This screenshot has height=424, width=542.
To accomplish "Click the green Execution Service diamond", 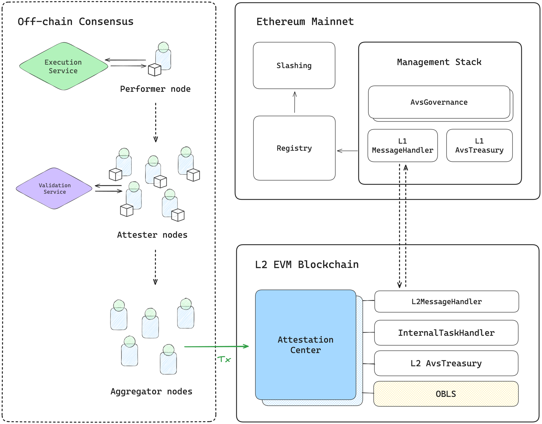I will [x=64, y=66].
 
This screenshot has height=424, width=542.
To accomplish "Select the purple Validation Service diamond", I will [x=54, y=189].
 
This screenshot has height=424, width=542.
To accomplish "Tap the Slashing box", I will [x=294, y=66].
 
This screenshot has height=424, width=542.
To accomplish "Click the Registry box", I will [x=294, y=148].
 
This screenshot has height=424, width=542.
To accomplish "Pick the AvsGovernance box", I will [x=439, y=102].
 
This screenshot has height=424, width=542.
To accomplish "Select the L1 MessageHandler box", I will [x=402, y=146].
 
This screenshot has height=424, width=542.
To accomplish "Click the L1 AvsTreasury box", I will [x=479, y=146].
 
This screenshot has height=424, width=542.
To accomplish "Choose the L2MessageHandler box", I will [x=446, y=302].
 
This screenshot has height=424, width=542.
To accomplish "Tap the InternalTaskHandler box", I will [x=446, y=333].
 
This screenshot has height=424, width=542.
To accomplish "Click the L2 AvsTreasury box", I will [x=446, y=364].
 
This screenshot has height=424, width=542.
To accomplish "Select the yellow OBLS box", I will [x=446, y=394].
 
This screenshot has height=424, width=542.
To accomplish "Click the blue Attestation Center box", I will [x=306, y=345].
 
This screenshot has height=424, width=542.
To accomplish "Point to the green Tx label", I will [x=224, y=360].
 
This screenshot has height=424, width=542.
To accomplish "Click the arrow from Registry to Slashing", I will [x=295, y=102].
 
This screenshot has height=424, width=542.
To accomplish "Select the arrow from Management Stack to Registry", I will [x=347, y=151].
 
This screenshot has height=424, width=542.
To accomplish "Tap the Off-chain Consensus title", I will [x=76, y=22].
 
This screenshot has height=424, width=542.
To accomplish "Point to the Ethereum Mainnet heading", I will [x=305, y=22].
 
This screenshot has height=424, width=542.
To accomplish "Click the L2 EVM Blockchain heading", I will [x=307, y=265].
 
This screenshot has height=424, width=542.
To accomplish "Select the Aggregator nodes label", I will [x=151, y=392].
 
